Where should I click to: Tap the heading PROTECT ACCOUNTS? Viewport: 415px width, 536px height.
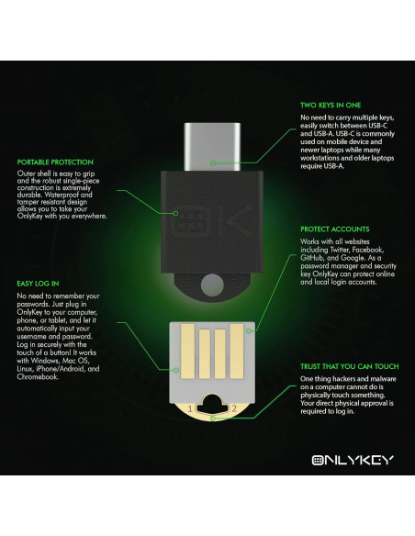tap(334, 229)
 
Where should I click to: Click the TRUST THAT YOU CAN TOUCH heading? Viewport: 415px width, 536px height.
tap(349, 367)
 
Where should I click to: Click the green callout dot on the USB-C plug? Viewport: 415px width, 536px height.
tap(211, 162)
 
